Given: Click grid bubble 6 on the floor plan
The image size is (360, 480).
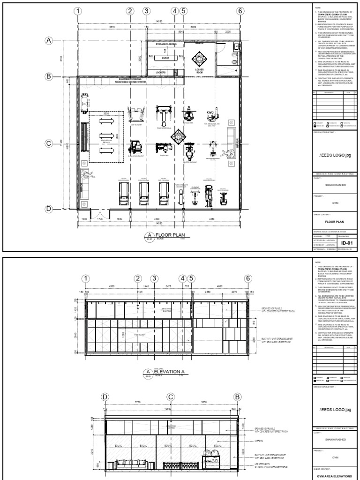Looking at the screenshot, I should coord(240,11).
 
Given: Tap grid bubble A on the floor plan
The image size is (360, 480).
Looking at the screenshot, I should coord(48,41).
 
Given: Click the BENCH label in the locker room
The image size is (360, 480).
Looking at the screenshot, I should coord(165,58).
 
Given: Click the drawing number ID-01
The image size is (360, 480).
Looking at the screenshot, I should coord(346,244).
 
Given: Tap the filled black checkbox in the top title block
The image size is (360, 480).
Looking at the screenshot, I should coord(315,127).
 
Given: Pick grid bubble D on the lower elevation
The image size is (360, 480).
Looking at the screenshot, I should coord(105,397).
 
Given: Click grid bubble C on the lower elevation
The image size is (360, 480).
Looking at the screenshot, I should coord(171,397).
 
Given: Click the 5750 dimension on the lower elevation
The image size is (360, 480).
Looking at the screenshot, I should coord(137,403).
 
